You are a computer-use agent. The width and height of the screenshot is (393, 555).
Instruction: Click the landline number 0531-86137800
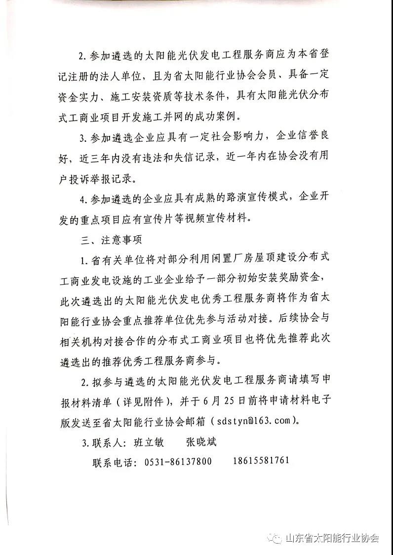[x=178, y=462]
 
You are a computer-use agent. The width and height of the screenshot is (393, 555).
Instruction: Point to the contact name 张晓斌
[x=201, y=442]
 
